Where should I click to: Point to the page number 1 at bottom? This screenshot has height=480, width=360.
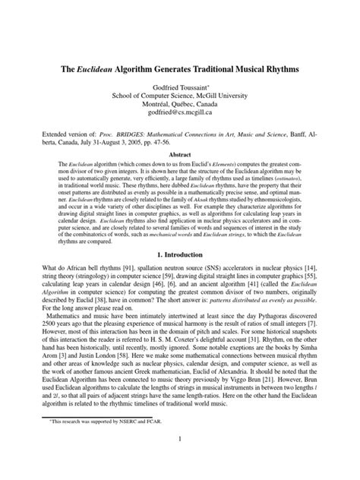point(180,460)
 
